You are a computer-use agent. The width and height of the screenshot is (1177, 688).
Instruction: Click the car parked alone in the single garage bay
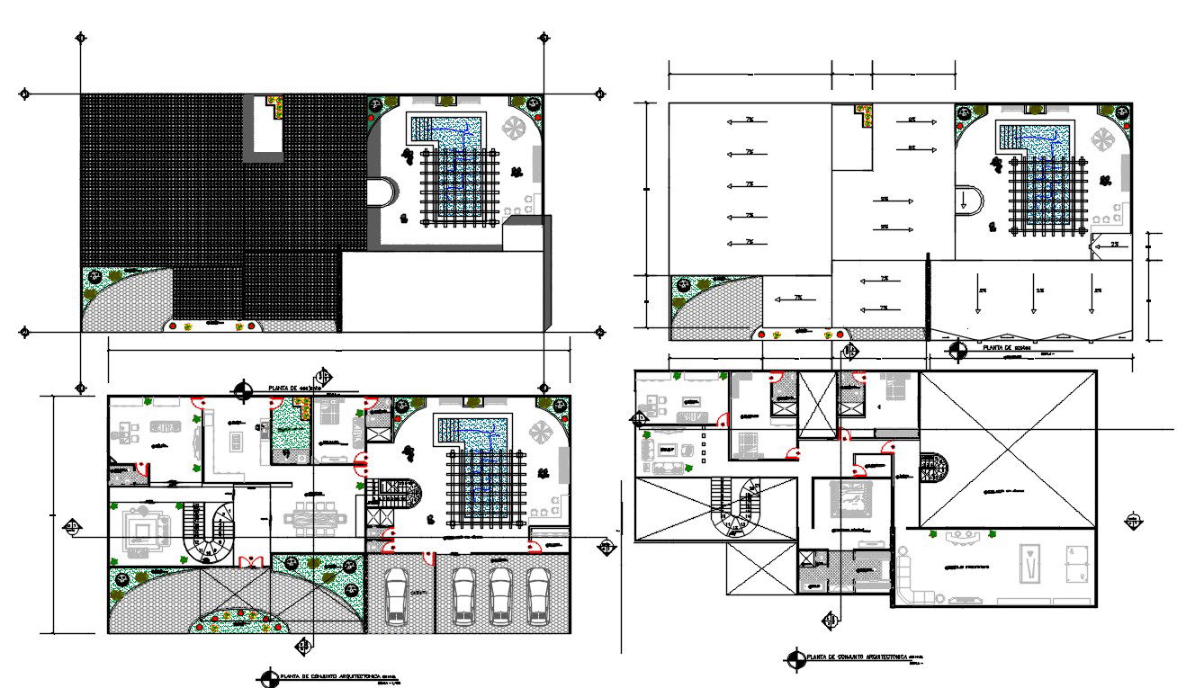[x=397, y=595]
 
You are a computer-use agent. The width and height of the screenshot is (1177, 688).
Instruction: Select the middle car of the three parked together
[x=500, y=595]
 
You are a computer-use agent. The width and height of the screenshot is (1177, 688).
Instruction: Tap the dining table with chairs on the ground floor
[x=314, y=521]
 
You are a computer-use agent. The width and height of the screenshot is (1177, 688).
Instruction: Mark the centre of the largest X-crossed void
[x=1008, y=449]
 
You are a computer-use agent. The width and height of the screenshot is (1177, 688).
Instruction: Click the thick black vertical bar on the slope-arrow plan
[x=928, y=297]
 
